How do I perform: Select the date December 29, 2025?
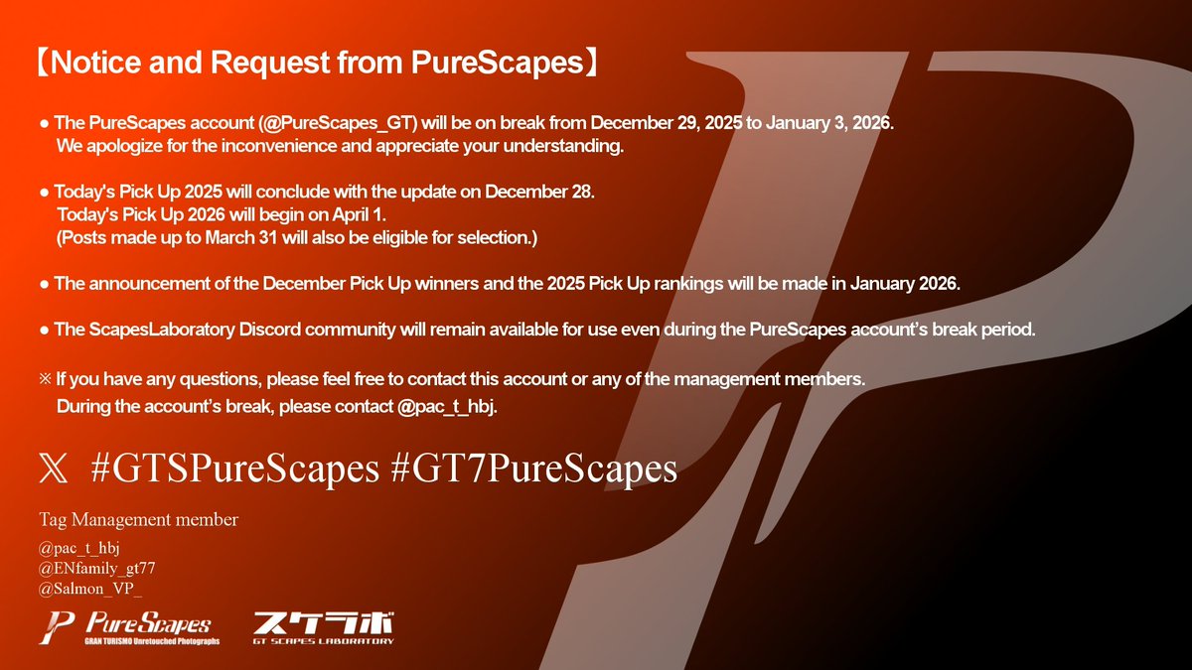click(661, 123)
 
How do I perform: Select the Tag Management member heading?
click(138, 519)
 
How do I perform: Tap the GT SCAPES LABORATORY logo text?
click(323, 641)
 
